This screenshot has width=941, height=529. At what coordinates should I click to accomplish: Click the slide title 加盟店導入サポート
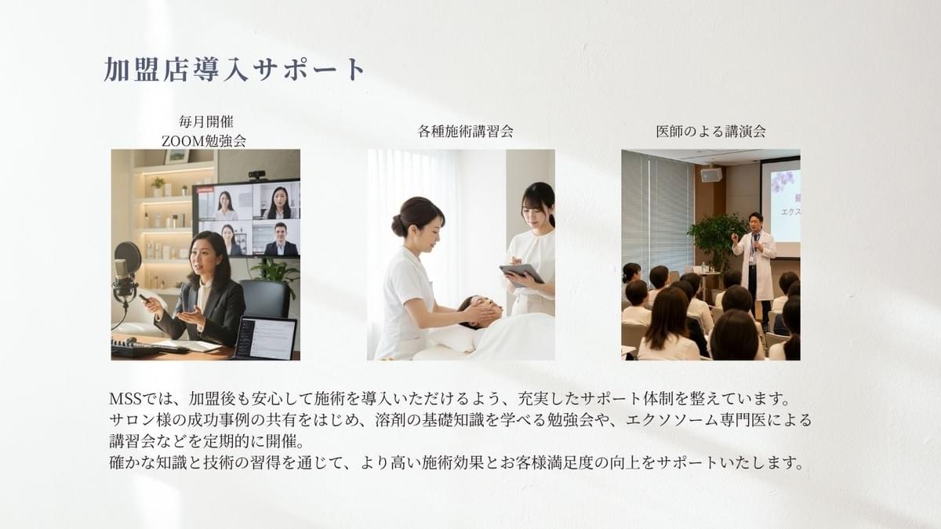point(234,69)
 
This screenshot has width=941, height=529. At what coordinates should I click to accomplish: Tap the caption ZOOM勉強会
point(204,141)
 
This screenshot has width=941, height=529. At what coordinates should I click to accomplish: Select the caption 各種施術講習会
point(466,131)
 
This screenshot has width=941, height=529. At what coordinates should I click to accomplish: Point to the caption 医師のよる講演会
point(710,131)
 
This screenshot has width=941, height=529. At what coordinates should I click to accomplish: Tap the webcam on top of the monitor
point(257,174)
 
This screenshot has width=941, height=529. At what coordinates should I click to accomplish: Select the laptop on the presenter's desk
point(265,338)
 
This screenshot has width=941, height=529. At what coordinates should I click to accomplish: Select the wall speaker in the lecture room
point(710,174)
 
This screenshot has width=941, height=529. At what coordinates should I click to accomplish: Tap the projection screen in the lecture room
point(780,205)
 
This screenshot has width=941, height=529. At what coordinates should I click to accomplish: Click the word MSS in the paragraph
point(125,399)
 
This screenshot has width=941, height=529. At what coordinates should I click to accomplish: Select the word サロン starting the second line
point(132,420)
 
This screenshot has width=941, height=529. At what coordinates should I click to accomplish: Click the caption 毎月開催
point(205,121)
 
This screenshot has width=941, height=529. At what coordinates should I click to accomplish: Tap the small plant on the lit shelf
point(158,185)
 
